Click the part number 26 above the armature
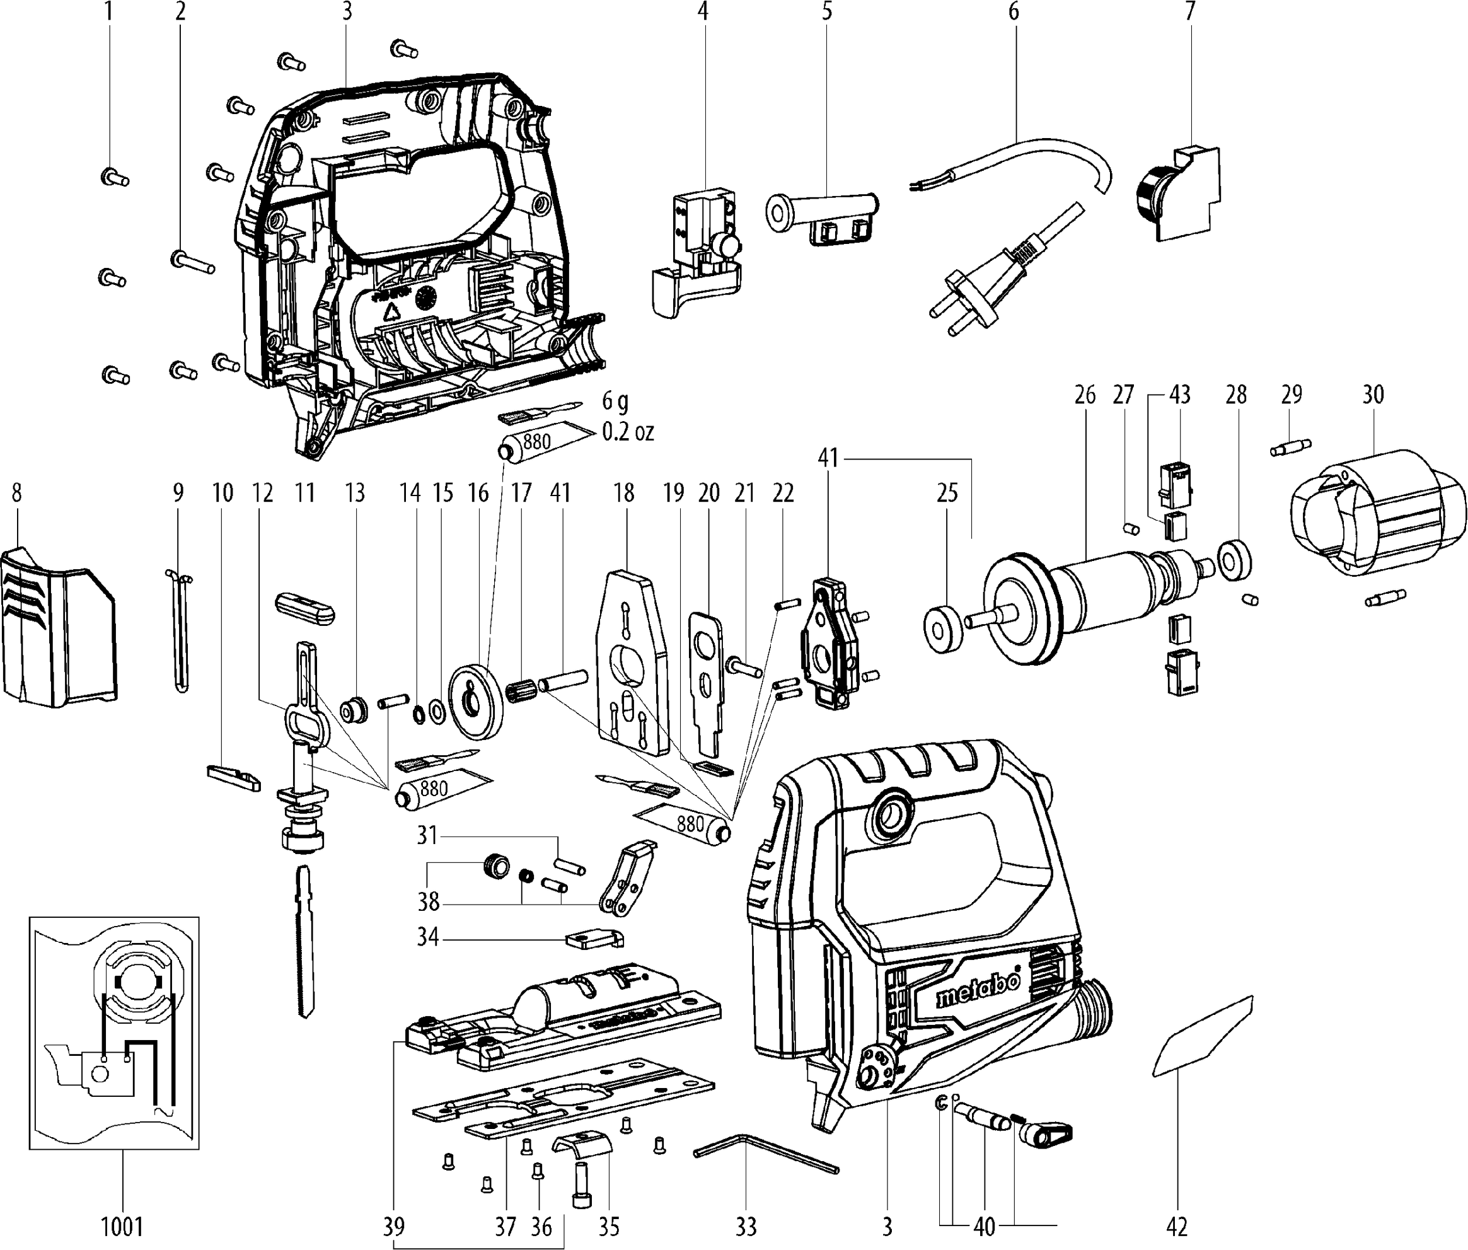(x=1085, y=395)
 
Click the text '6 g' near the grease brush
(x=615, y=402)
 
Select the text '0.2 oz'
(x=628, y=432)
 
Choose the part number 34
(x=428, y=937)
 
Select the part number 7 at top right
(x=1189, y=11)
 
